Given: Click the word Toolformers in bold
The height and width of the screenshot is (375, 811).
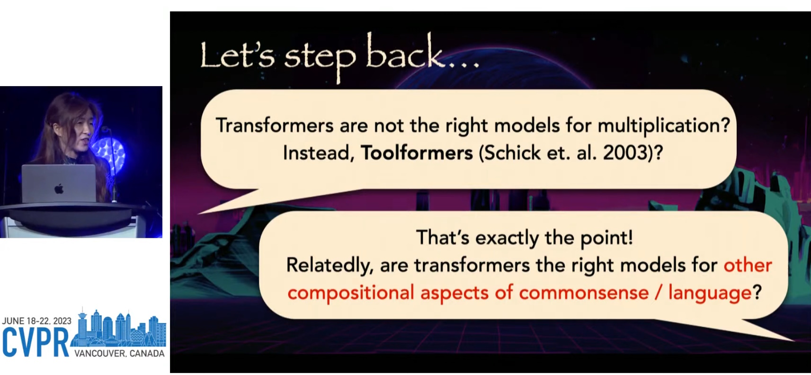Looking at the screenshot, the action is [417, 153].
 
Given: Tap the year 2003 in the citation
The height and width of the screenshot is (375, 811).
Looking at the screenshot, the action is [625, 153].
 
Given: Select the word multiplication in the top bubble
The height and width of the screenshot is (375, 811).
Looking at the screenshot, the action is [659, 126].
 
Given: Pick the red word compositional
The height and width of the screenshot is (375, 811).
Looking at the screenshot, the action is [351, 293].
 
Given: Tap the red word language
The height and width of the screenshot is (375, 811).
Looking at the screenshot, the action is [710, 293].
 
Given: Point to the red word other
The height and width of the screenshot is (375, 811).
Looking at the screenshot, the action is [748, 265].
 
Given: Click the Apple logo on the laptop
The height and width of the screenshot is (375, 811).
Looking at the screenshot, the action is [59, 188].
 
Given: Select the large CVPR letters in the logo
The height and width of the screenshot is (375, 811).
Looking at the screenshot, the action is [36, 342].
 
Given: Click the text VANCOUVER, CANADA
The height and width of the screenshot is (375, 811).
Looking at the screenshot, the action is [119, 354].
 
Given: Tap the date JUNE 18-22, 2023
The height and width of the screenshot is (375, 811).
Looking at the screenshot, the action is [37, 321].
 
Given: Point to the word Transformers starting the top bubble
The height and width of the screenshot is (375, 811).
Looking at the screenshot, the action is [275, 125].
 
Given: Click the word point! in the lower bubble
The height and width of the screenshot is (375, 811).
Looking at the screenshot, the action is [606, 238].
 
